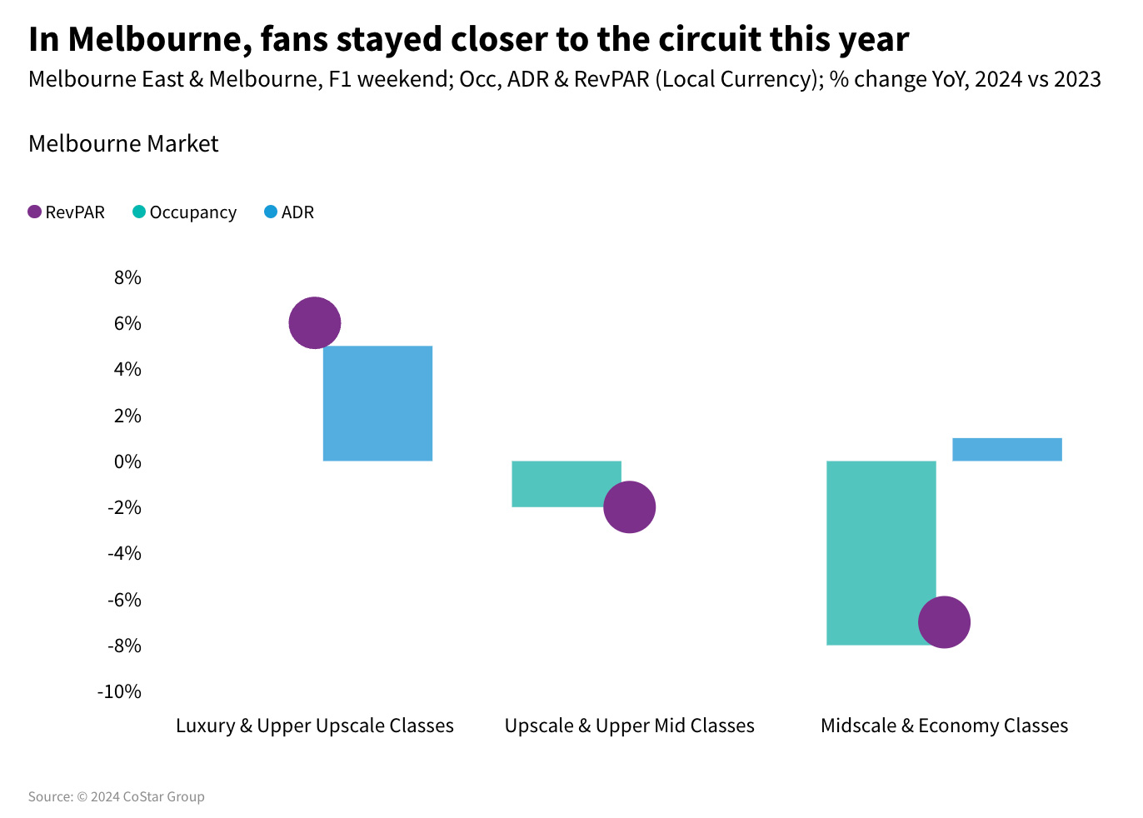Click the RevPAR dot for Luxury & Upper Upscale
click(x=315, y=322)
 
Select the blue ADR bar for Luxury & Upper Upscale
click(x=377, y=403)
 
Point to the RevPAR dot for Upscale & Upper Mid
click(x=629, y=506)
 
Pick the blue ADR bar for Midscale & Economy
click(x=1006, y=449)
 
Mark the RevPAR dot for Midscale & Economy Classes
click(x=944, y=622)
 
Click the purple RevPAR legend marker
click(x=34, y=212)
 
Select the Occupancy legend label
click(x=192, y=212)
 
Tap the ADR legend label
click(x=297, y=212)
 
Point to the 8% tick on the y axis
click(x=127, y=277)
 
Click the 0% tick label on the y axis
click(x=127, y=461)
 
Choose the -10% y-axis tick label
click(x=120, y=691)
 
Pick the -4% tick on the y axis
click(x=124, y=553)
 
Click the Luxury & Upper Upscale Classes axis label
click(x=315, y=726)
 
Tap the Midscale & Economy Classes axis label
click(x=944, y=726)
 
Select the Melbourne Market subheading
click(x=123, y=143)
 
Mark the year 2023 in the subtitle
click(x=1077, y=79)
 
